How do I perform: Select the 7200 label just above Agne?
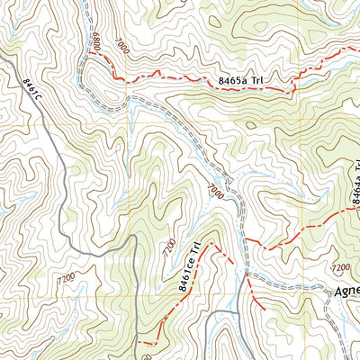[x=340, y=267]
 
